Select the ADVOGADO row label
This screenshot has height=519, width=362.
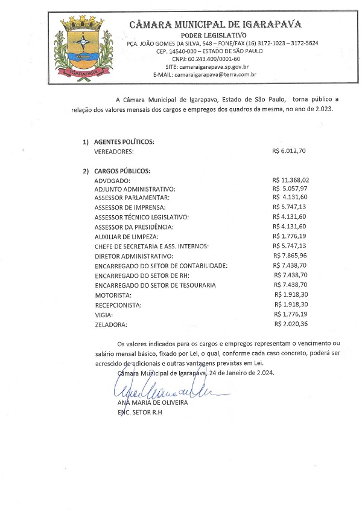112,181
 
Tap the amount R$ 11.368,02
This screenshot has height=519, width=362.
291,179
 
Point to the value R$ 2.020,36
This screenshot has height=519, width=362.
291,324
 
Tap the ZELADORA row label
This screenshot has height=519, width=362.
112,324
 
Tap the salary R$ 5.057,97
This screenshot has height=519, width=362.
291,189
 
